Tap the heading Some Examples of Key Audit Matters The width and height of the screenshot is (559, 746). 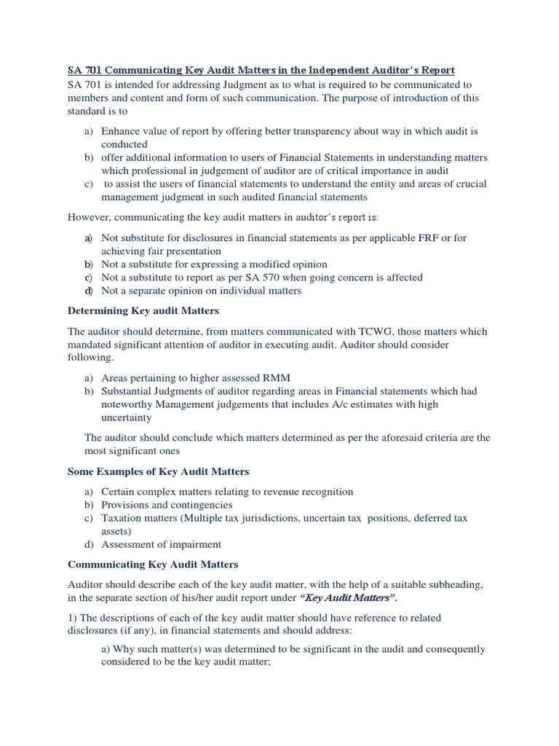tap(158, 471)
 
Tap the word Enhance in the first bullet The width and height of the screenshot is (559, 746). tap(121, 131)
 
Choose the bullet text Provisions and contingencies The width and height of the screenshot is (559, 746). tap(167, 504)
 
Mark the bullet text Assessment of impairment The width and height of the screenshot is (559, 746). tap(162, 544)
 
